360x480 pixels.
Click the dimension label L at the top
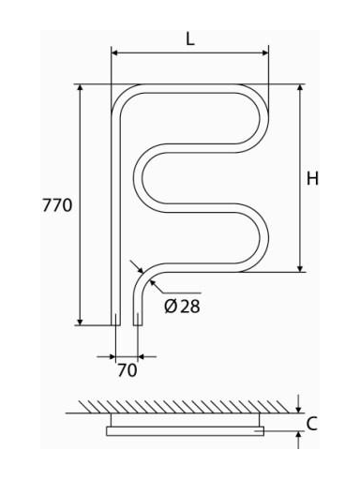[190, 39]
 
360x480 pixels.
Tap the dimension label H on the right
[312, 179]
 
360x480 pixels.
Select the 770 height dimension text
[57, 205]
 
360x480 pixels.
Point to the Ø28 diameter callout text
[182, 307]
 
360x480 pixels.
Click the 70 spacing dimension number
[127, 370]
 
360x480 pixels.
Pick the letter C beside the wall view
[311, 424]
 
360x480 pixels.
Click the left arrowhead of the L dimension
[114, 52]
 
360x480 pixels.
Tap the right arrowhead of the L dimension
[265, 52]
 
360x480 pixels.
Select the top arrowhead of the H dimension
[300, 87]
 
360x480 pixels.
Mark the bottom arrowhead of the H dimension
[300, 269]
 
